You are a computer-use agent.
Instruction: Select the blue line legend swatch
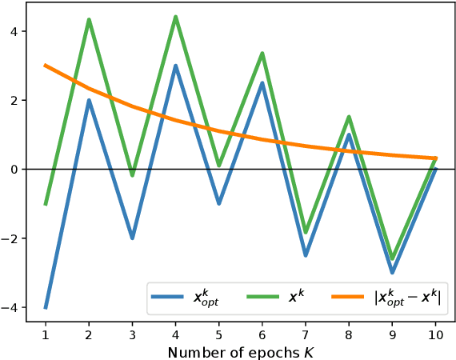(x=170, y=298)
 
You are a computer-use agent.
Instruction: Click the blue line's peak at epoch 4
(x=176, y=66)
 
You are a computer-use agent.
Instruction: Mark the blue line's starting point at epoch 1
(x=46, y=307)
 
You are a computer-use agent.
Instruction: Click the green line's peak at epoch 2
(x=89, y=20)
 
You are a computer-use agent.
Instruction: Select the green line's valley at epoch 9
(x=393, y=258)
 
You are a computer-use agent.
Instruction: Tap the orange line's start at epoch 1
(x=46, y=66)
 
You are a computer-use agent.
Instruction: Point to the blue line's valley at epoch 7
(x=306, y=255)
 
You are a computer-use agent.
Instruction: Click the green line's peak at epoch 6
(x=262, y=54)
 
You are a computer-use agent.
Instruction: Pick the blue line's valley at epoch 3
(x=132, y=238)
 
